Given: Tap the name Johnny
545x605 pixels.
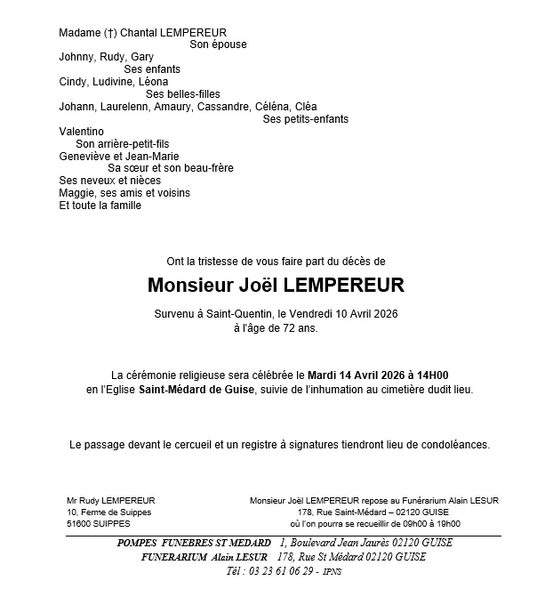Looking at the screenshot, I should (x=76, y=57).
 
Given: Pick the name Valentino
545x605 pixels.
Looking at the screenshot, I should (x=81, y=131).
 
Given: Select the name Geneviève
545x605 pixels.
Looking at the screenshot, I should (x=85, y=156).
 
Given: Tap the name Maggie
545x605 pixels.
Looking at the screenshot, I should (x=75, y=193).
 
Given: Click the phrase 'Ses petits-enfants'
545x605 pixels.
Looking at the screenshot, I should (x=306, y=119).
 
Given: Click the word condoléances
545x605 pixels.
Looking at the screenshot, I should (x=450, y=444).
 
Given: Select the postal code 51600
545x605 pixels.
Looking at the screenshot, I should (x=81, y=524).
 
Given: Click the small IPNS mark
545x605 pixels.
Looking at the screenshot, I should (x=331, y=571).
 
